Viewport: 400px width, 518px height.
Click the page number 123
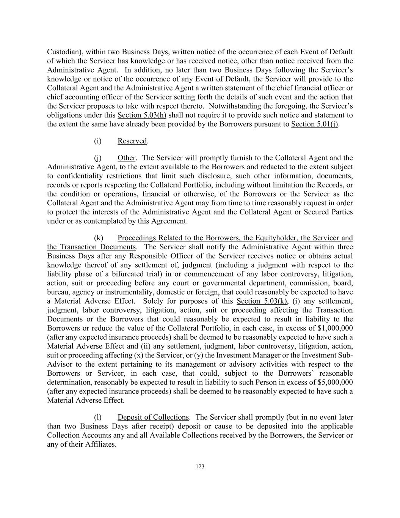(200, 467)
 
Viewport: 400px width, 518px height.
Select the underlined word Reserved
(132, 141)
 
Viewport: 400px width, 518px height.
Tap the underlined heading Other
(126, 158)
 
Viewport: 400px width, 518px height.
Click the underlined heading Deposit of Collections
(153, 417)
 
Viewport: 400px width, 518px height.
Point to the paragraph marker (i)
(98, 141)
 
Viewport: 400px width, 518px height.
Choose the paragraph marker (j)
(98, 158)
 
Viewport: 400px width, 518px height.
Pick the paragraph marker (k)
(99, 238)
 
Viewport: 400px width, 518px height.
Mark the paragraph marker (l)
(98, 417)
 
